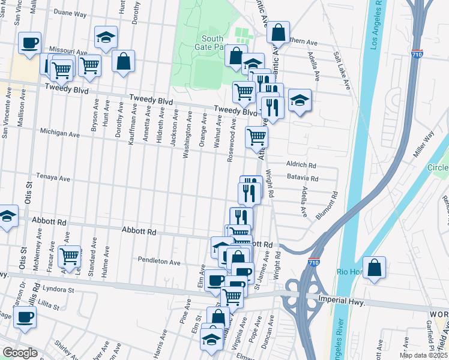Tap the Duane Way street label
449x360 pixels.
click(x=70, y=11)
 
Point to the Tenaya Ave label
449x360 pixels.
click(x=55, y=178)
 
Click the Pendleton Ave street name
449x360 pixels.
click(x=159, y=262)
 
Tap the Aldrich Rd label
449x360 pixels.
click(x=301, y=164)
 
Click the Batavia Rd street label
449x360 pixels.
click(x=303, y=178)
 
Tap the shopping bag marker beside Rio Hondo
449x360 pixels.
click(x=374, y=268)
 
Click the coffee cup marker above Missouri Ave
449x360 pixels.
click(x=29, y=42)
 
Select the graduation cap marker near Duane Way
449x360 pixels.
click(x=106, y=37)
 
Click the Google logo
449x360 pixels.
click(x=20, y=352)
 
